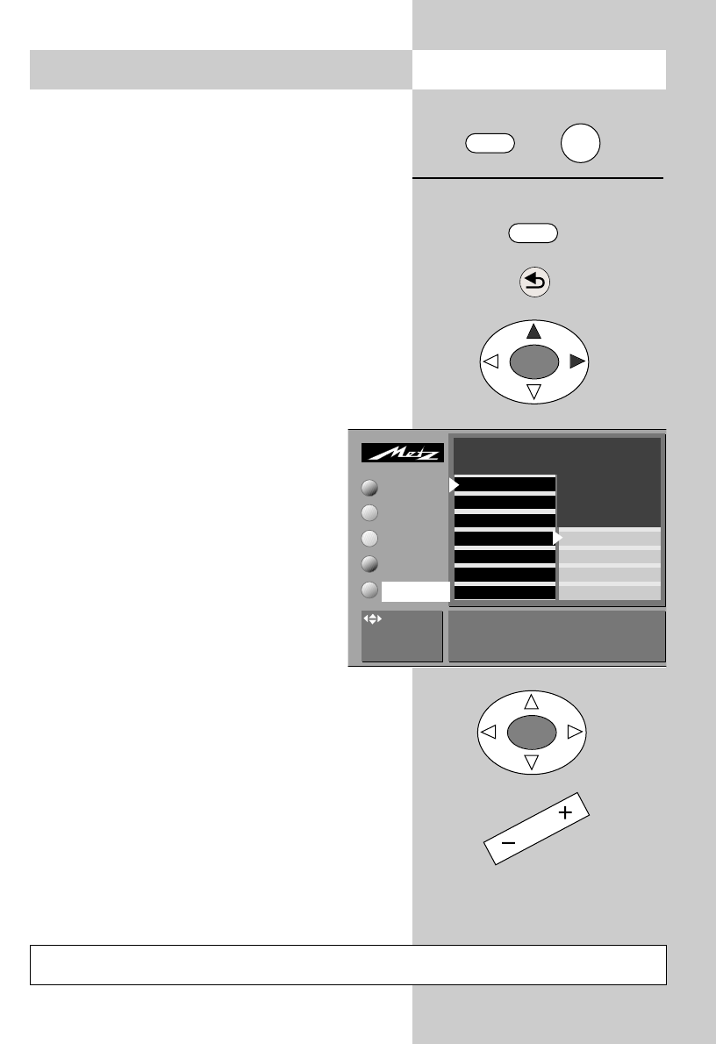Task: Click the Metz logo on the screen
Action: pyautogui.click(x=404, y=453)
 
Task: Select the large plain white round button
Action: pyautogui.click(x=581, y=143)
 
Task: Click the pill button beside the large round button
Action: pyautogui.click(x=489, y=144)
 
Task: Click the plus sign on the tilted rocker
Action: pyautogui.click(x=564, y=813)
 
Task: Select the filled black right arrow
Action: pyautogui.click(x=577, y=361)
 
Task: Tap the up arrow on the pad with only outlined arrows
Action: pyautogui.click(x=531, y=702)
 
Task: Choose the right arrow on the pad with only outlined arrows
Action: pyautogui.click(x=574, y=731)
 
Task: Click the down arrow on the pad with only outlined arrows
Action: pyautogui.click(x=531, y=762)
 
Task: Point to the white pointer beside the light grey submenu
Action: pyautogui.click(x=557, y=538)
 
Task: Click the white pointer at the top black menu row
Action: pyautogui.click(x=454, y=484)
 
